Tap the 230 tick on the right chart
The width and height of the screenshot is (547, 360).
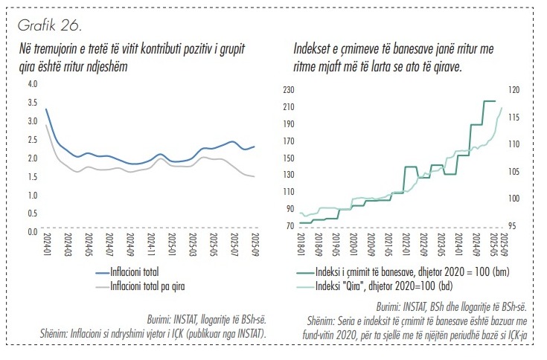289,89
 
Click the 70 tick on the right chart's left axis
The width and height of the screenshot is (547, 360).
291,226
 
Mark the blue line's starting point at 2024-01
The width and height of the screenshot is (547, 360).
46,109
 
